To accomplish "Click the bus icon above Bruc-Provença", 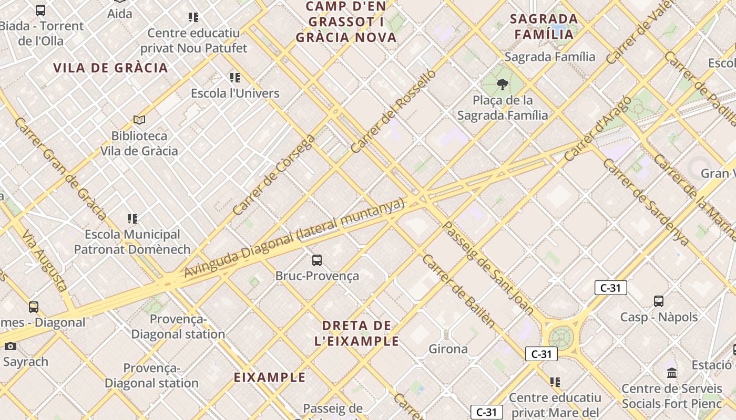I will coord(316,260).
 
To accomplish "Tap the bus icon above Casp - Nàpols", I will coord(659,301).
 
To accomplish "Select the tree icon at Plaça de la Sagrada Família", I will coord(503,84).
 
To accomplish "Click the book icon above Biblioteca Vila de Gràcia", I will coord(139,120).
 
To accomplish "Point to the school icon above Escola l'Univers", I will coord(234,78).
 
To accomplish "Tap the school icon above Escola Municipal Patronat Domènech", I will coord(132,218).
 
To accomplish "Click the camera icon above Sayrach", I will coord(11,346).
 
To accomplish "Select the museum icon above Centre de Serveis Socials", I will coord(672,373).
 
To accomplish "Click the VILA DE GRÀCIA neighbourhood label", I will coord(110,68).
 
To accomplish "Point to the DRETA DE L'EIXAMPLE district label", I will coord(356,333).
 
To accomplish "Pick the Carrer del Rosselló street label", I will coord(393,111).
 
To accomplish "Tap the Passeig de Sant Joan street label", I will coord(489,268).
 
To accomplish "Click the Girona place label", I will coord(448,349).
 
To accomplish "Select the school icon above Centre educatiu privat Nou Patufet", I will coord(193,17).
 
